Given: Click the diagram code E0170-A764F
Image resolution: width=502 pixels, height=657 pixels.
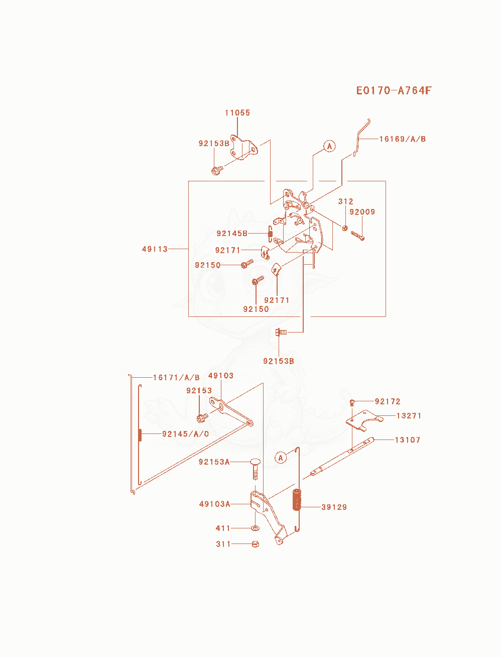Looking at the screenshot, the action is [x=394, y=90].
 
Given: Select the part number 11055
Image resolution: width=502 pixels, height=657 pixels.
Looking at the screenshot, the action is [x=237, y=113].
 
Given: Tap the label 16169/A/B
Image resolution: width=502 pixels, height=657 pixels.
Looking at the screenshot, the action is [x=403, y=139].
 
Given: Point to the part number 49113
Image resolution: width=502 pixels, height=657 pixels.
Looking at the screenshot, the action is [x=155, y=249].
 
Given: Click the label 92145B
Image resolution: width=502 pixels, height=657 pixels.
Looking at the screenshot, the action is [x=232, y=234].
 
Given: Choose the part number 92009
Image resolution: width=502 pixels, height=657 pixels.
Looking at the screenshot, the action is [x=362, y=212].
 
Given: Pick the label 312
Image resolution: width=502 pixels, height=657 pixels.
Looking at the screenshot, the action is [x=345, y=201].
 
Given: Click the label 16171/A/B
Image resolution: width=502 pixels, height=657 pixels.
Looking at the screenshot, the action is [x=176, y=377].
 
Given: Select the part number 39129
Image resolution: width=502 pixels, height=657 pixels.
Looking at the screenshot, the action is [x=334, y=507].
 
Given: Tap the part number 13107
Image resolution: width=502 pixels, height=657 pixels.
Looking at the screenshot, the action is [x=408, y=440].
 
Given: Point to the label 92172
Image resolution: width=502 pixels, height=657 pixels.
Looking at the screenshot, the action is [x=388, y=401].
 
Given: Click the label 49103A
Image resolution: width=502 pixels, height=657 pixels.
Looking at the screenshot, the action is [x=214, y=504].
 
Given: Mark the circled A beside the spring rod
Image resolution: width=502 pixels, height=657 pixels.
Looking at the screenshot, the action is [x=280, y=458].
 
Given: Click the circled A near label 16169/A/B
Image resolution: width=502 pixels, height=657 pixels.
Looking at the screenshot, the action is [x=329, y=146].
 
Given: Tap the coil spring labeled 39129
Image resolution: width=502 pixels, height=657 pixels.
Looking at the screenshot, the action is [x=297, y=499].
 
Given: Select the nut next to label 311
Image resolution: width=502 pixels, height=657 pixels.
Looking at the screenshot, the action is [x=255, y=544].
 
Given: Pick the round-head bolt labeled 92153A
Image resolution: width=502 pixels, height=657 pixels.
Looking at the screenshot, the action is [x=255, y=469].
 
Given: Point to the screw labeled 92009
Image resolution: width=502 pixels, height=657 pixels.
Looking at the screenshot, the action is [x=357, y=236].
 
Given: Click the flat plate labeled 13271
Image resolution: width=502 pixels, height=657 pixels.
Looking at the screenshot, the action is [x=364, y=420].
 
